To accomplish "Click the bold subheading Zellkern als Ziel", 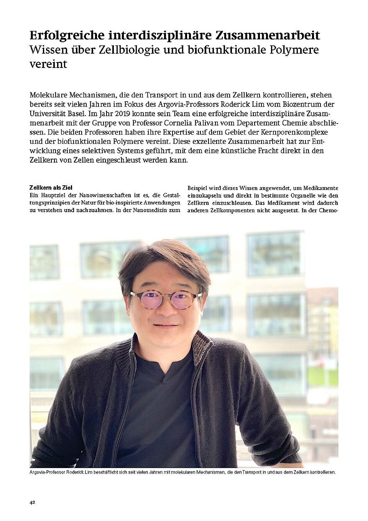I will coord(51,188).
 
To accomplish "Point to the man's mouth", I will coord(165,326).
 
